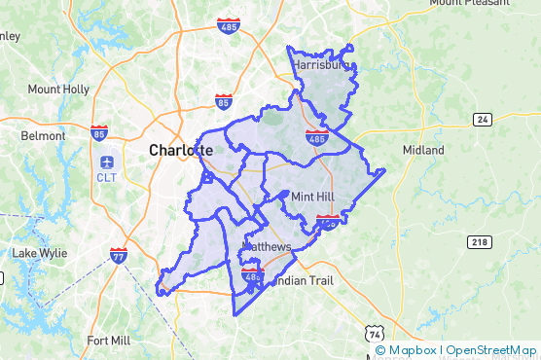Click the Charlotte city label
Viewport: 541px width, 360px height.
coord(180,151)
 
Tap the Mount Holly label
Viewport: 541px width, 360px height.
coord(58,90)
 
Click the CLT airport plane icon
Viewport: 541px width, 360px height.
coord(106,160)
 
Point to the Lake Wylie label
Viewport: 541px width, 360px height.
coord(39,253)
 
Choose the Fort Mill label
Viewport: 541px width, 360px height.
coord(110,341)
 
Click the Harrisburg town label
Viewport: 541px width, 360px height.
coord(320,65)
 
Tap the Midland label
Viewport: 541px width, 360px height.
coord(423,150)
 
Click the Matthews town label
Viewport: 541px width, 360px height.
coord(267,248)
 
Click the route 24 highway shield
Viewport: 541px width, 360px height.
coord(483,120)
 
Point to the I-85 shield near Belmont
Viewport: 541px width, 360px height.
coord(99,132)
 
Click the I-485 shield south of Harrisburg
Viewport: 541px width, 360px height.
coord(316,137)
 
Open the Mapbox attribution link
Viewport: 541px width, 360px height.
coord(407,350)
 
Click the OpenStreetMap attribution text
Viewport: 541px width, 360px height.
coord(492,350)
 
